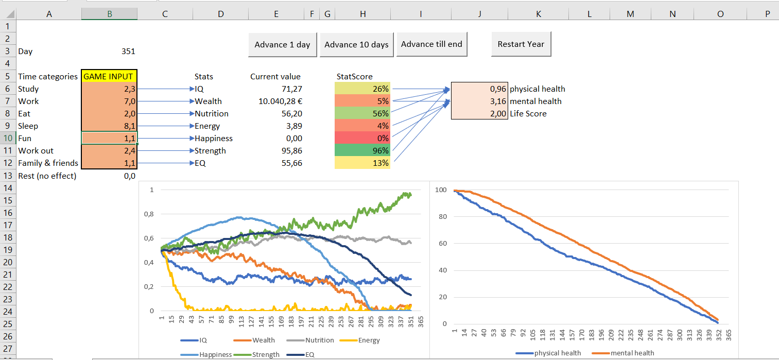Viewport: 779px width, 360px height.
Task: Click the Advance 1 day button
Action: [x=282, y=44]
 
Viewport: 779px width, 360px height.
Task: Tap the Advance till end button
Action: [x=431, y=44]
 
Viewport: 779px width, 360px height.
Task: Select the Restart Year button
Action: [x=521, y=44]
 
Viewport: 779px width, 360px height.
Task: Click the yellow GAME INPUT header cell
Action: [x=109, y=77]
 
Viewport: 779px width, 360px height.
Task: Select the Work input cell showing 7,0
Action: [x=109, y=101]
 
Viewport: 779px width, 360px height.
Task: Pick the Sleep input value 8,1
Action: [x=109, y=126]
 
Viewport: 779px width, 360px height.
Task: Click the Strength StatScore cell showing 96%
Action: [x=362, y=150]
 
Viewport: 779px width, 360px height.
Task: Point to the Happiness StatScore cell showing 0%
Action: [x=362, y=138]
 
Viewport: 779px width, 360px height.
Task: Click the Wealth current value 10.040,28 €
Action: [x=280, y=101]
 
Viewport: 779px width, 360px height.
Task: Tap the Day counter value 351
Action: [x=128, y=52]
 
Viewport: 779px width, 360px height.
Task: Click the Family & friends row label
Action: [x=48, y=163]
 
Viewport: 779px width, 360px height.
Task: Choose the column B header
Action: [x=109, y=14]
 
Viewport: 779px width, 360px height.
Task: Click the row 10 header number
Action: [x=8, y=138]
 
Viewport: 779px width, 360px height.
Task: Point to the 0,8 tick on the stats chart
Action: [x=149, y=214]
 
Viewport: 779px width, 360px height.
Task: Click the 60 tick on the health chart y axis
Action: [x=442, y=244]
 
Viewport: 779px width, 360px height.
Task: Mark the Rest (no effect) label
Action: [x=47, y=176]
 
